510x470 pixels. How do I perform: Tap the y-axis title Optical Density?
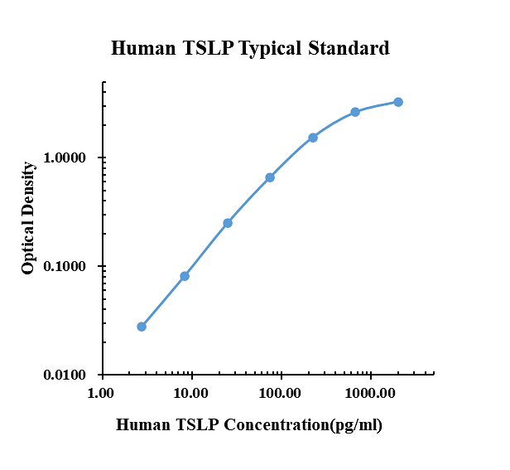click(29, 218)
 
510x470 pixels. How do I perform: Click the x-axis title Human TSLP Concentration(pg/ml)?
click(248, 425)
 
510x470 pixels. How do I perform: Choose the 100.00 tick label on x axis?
click(281, 391)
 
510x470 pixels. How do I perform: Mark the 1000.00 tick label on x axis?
click(370, 391)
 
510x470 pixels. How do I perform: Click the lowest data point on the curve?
click(142, 327)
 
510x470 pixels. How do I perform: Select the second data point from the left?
click(185, 276)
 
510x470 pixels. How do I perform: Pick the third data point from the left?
click(228, 223)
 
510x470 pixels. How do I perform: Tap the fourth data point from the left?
click(270, 177)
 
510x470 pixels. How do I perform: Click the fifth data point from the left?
click(313, 138)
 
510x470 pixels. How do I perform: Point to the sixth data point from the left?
click(355, 112)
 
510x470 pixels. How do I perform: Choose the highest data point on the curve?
click(398, 102)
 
